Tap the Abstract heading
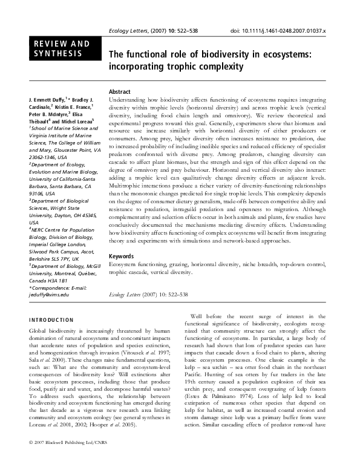(x=119, y=91)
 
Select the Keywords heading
(x=120, y=256)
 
